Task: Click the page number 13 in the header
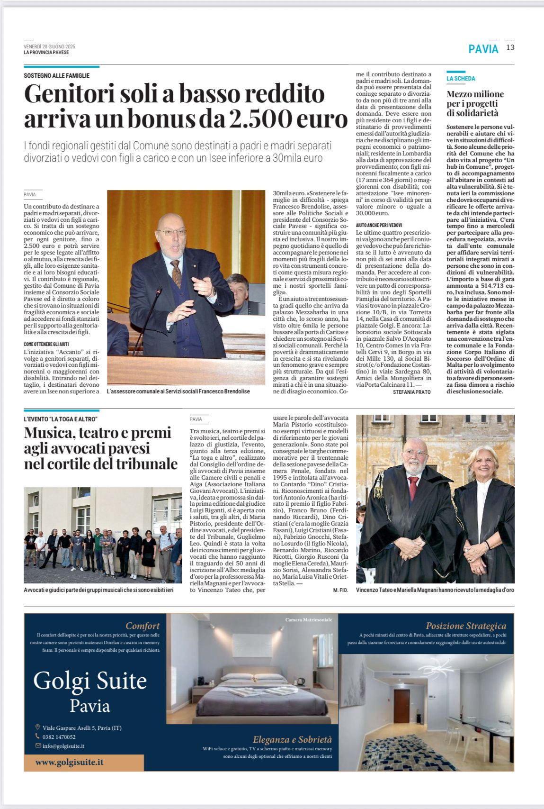510,47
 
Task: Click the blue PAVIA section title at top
483,49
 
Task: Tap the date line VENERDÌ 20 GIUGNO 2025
49,46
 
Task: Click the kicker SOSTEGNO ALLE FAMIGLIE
56,76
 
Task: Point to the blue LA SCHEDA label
461,79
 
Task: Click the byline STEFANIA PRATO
411,392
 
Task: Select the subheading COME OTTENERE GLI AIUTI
46,344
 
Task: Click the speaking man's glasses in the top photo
172,232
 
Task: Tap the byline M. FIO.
340,590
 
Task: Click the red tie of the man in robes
413,488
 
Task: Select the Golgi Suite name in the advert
90,681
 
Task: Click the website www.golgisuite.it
69,763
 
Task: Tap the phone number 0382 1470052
59,737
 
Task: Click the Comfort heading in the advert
143,626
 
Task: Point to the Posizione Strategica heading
465,626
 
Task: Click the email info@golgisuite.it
63,746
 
